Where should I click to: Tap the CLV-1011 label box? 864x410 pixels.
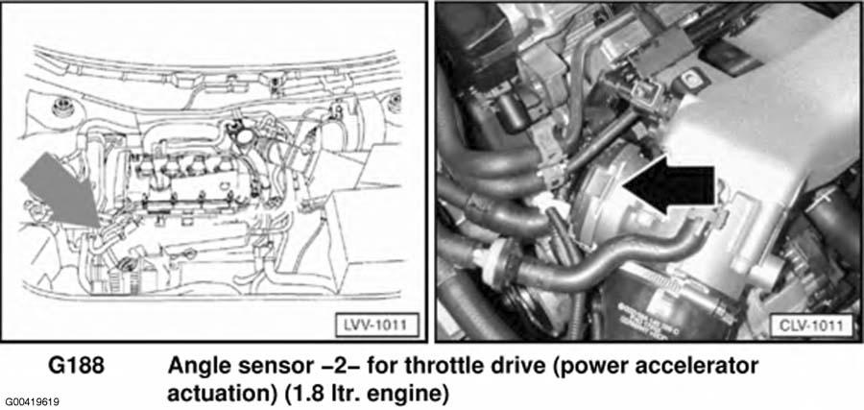click(810, 326)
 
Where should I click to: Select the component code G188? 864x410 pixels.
click(77, 367)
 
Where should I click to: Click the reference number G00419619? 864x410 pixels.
click(33, 402)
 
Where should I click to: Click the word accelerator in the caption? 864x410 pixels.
click(692, 367)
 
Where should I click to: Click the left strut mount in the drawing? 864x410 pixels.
click(62, 106)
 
